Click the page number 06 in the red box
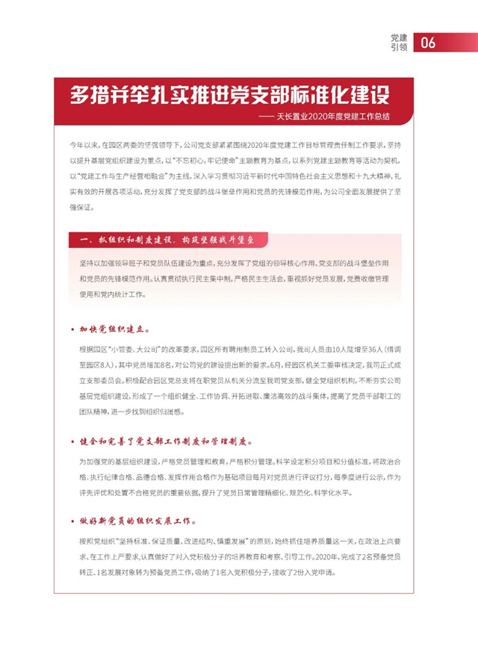tap(428, 43)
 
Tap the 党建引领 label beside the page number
tap(399, 42)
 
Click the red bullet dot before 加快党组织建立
tap(72, 329)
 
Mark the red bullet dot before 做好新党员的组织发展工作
tap(72, 521)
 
